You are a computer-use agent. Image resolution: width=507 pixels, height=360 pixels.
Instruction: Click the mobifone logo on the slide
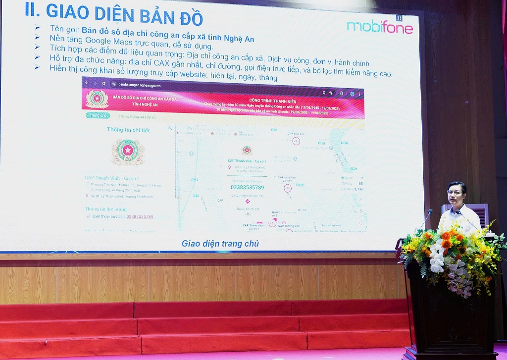pyautogui.click(x=380, y=27)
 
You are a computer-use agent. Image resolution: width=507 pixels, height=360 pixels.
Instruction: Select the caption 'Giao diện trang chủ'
pyautogui.click(x=220, y=244)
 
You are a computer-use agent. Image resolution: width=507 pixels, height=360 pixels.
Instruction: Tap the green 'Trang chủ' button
pyautogui.click(x=98, y=115)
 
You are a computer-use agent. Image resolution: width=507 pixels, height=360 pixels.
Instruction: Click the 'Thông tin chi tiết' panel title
pyautogui.click(x=128, y=130)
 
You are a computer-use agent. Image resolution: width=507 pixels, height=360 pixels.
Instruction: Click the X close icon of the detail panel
pyautogui.click(x=170, y=128)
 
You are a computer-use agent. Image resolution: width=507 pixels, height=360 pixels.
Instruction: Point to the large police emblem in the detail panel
pyautogui.click(x=128, y=152)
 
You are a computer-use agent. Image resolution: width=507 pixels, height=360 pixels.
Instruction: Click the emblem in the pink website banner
pyautogui.click(x=97, y=99)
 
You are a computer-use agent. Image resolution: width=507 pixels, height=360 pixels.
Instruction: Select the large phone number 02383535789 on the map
pyautogui.click(x=248, y=187)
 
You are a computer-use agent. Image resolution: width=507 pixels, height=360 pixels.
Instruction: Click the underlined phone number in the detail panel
pyautogui.click(x=140, y=216)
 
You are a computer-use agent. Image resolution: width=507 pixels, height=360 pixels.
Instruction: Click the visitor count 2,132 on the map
pyautogui.click(x=358, y=189)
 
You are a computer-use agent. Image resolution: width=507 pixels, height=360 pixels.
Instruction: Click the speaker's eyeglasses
pyautogui.click(x=455, y=192)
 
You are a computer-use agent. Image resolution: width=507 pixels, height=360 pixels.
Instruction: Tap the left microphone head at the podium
pyautogui.click(x=429, y=211)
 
